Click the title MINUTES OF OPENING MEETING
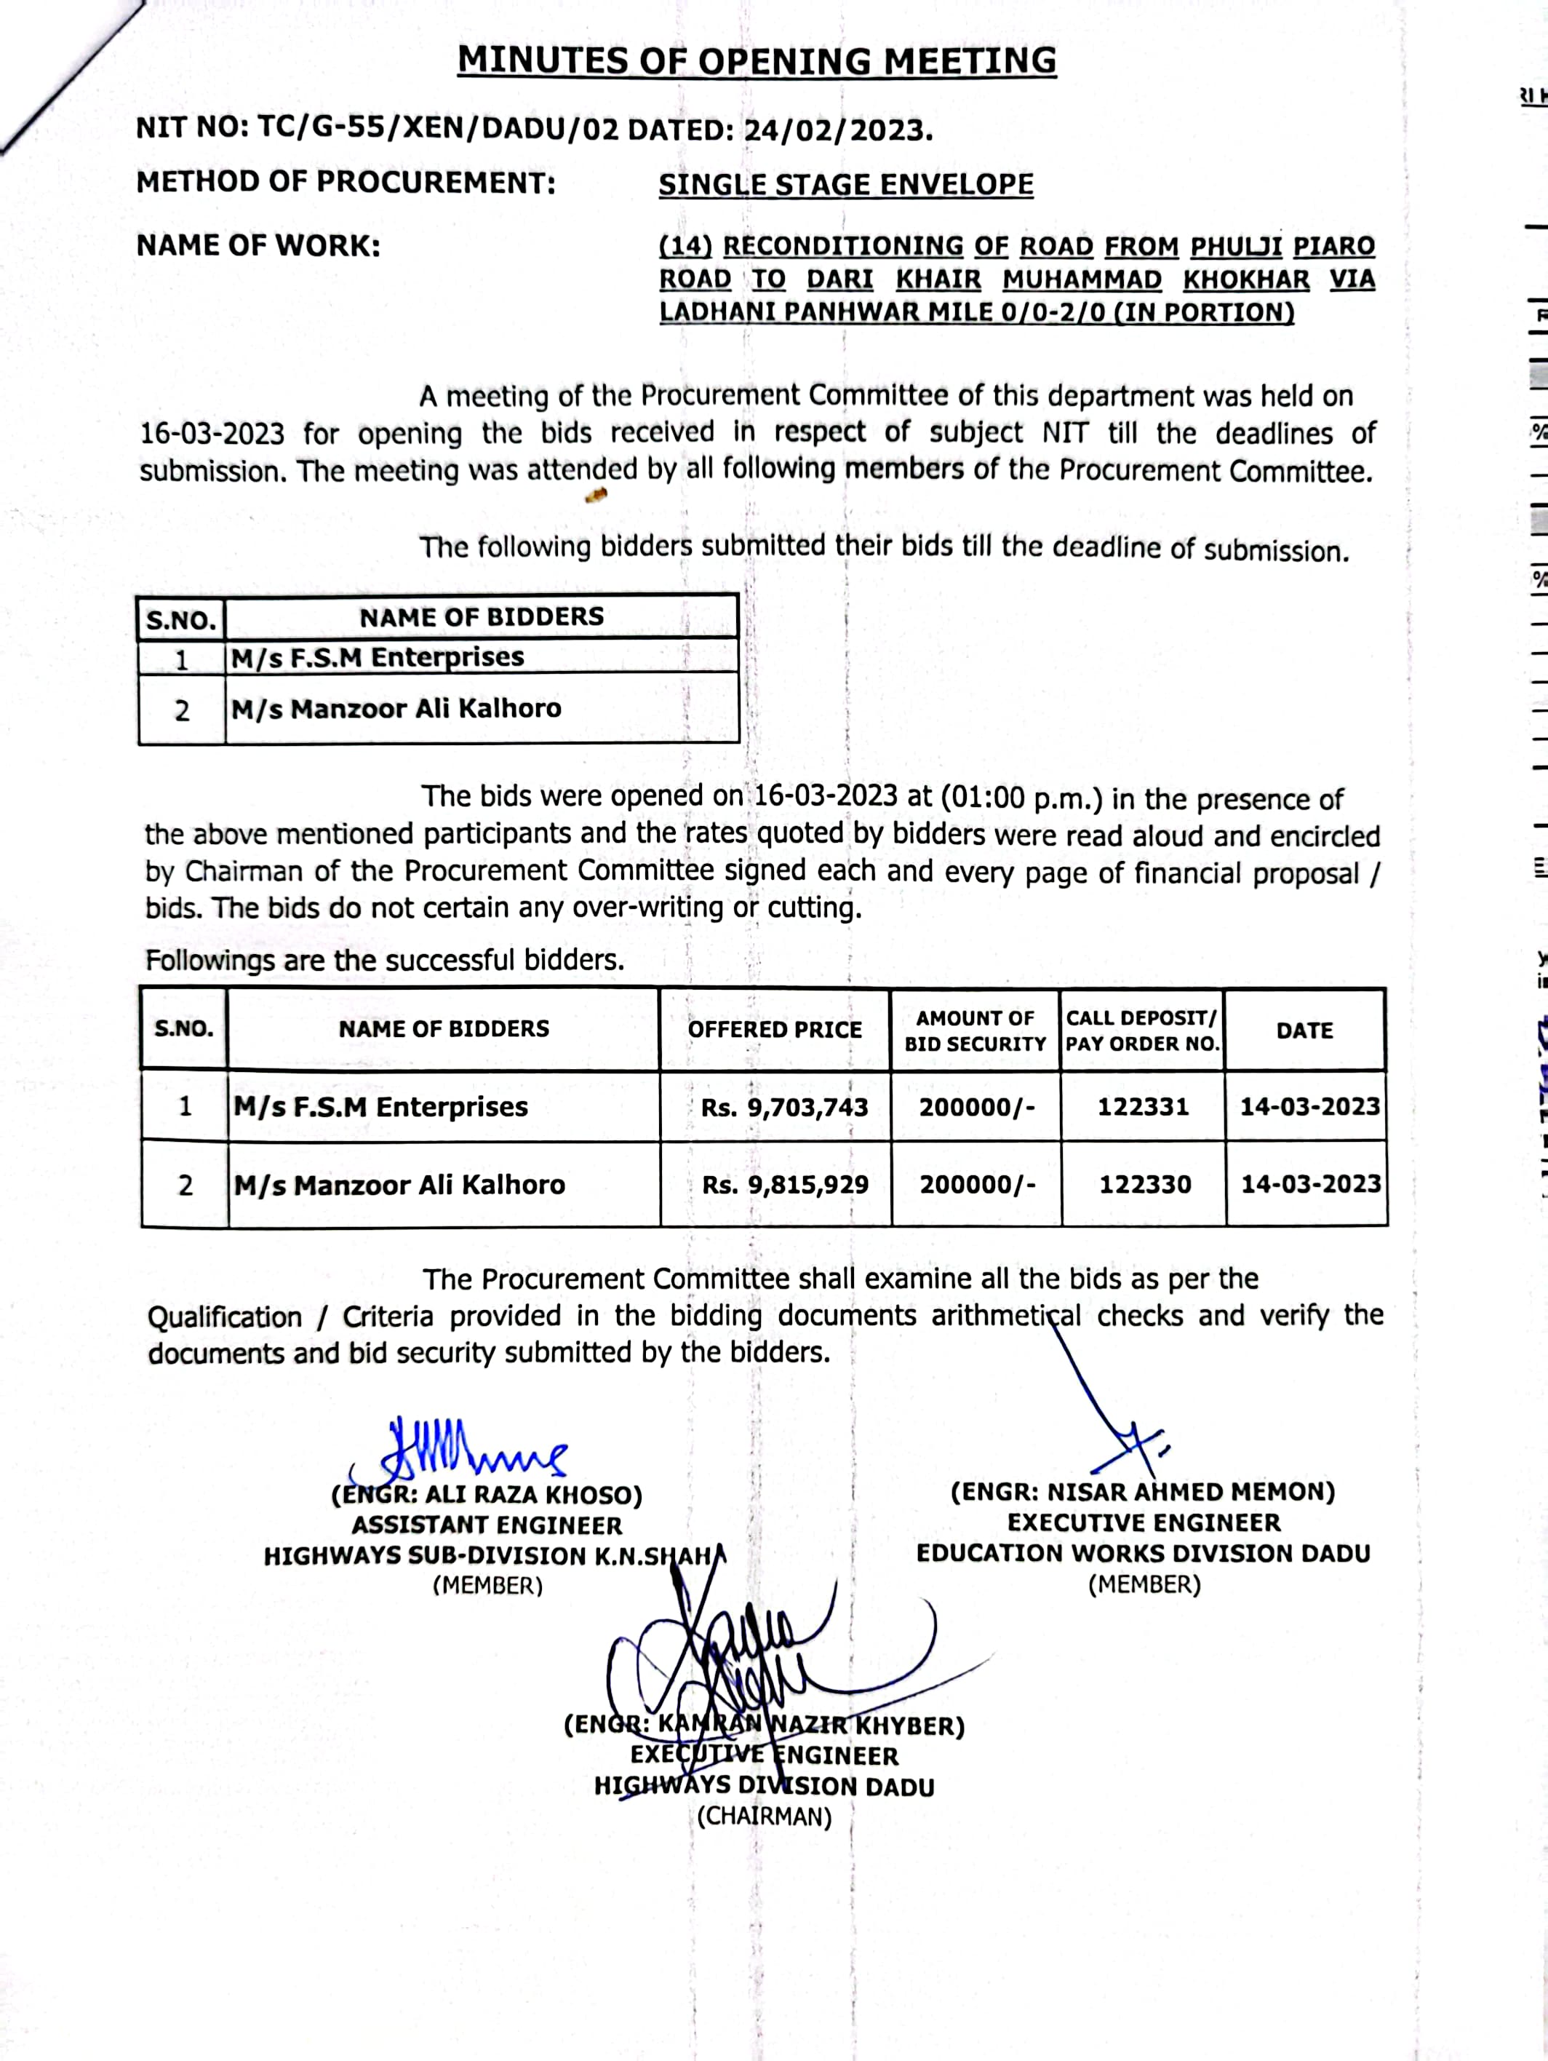[x=757, y=61]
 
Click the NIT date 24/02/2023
[x=837, y=130]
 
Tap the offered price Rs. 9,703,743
[x=784, y=1107]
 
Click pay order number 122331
[x=1143, y=1107]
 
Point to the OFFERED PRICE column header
[x=775, y=1030]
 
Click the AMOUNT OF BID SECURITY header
[x=976, y=1030]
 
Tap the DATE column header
[x=1304, y=1030]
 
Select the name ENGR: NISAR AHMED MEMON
[x=1143, y=1493]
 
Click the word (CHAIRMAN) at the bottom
[x=764, y=1817]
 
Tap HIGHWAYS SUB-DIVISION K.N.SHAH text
[x=494, y=1556]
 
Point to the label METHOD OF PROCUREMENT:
[x=346, y=183]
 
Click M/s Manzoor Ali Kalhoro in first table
[x=396, y=709]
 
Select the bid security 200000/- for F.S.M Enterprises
[x=976, y=1107]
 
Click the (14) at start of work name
[x=685, y=247]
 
